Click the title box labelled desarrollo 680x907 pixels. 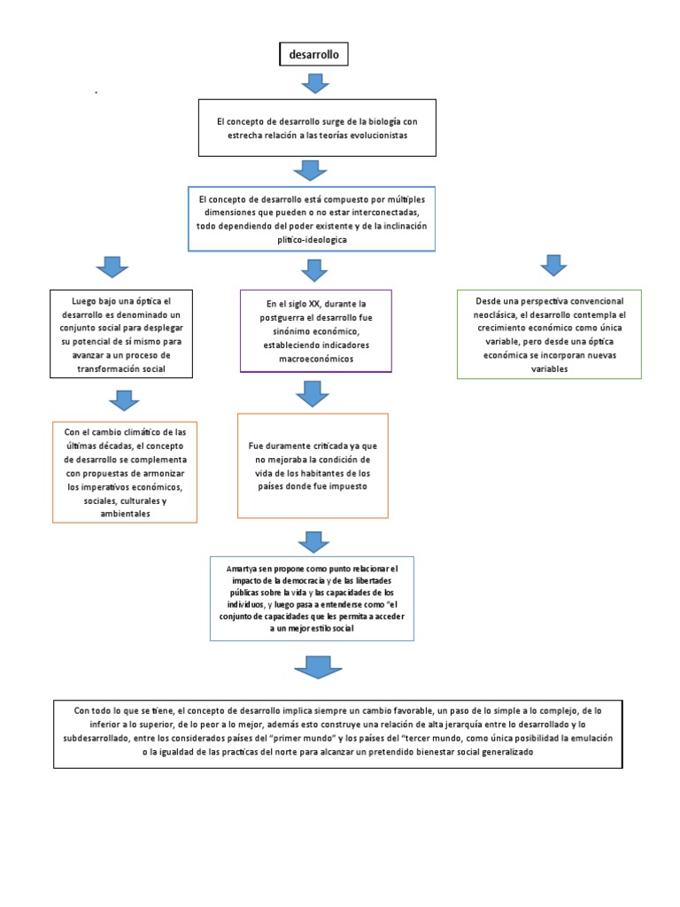[313, 55]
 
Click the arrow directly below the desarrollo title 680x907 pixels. [314, 84]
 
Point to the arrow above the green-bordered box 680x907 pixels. [553, 265]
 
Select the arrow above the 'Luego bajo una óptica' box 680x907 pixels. [111, 267]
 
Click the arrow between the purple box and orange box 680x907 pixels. [313, 393]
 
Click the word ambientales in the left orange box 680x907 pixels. [126, 513]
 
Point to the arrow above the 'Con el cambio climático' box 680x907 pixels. [125, 400]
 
